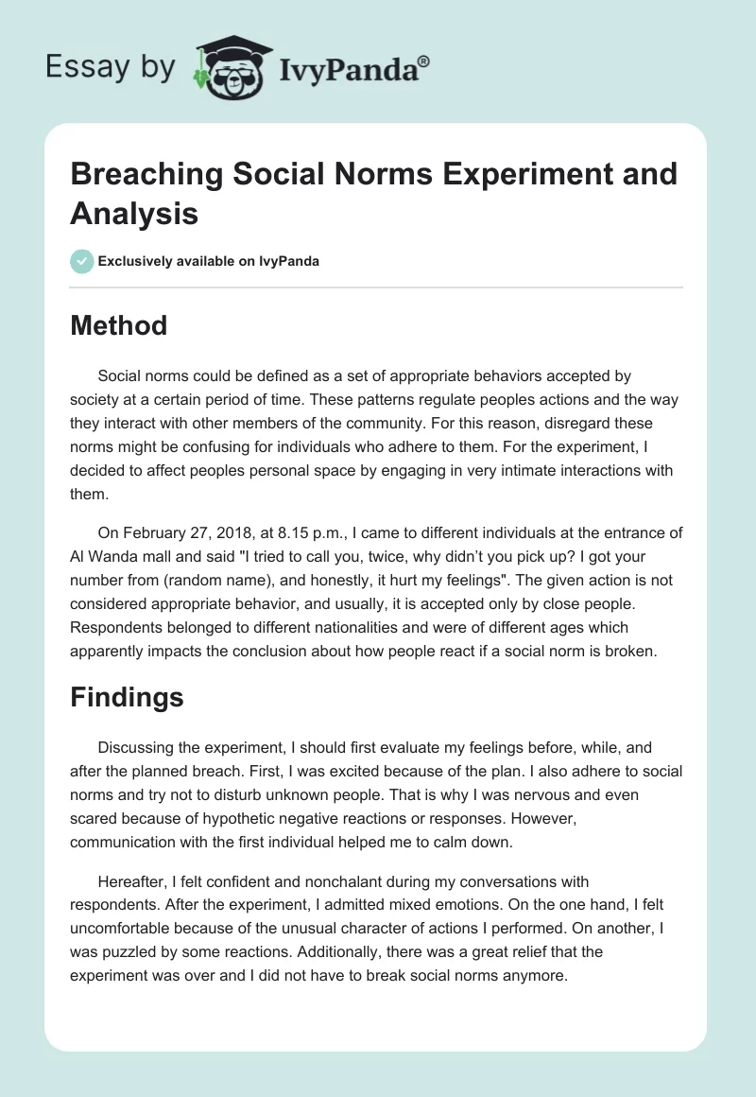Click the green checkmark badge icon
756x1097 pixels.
click(x=82, y=261)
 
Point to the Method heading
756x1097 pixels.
click(x=118, y=325)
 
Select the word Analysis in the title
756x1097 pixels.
click(x=134, y=214)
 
